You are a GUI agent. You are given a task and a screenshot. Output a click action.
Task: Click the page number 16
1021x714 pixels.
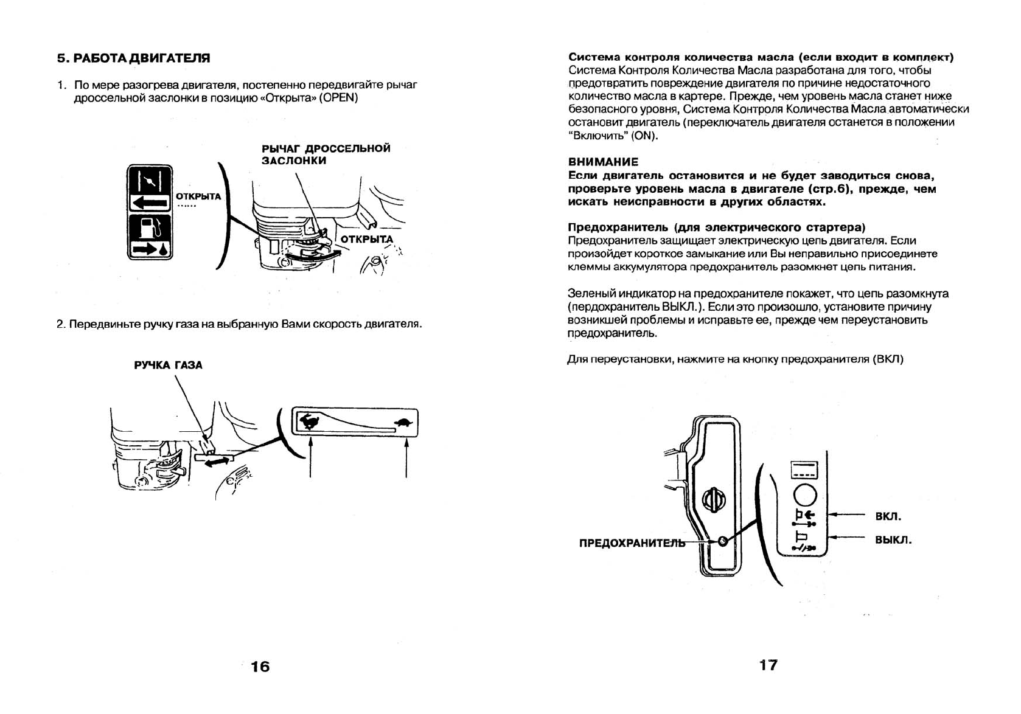pyautogui.click(x=260, y=667)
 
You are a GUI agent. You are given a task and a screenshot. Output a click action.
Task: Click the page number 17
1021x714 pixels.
pyautogui.click(x=768, y=665)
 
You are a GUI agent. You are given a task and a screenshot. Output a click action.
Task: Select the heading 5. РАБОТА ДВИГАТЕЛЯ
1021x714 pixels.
pyautogui.click(x=133, y=58)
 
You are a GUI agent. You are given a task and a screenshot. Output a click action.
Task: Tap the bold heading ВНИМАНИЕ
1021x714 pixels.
pyautogui.click(x=603, y=162)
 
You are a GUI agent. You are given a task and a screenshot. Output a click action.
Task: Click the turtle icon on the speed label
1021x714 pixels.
pyautogui.click(x=403, y=421)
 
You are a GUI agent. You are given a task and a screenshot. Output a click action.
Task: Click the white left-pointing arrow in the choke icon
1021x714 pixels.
pyautogui.click(x=149, y=203)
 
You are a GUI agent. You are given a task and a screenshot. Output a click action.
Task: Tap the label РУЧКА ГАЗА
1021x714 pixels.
pyautogui.click(x=168, y=365)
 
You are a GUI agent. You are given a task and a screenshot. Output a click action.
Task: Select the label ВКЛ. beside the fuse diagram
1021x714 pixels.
pyautogui.click(x=888, y=516)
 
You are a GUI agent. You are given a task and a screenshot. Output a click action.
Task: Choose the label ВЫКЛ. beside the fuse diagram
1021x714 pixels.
pyautogui.click(x=893, y=540)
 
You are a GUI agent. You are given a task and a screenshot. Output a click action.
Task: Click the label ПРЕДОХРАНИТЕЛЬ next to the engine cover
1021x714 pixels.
pyautogui.click(x=632, y=543)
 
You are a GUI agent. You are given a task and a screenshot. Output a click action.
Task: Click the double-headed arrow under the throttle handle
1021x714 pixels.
pyautogui.click(x=217, y=462)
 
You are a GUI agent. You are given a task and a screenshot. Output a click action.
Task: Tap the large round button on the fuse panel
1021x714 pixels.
pyautogui.click(x=805, y=494)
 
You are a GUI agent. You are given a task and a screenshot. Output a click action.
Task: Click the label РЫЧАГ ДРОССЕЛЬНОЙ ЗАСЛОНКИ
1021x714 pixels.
pyautogui.click(x=326, y=154)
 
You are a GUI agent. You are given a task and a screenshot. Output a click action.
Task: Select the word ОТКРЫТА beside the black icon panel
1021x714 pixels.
pyautogui.click(x=198, y=196)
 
